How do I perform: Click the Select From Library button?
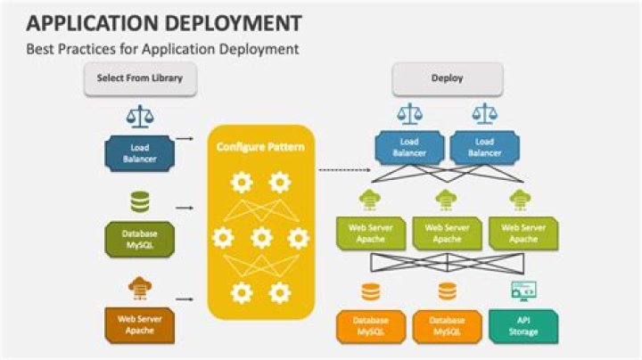(x=140, y=79)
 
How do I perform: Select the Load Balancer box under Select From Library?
(x=140, y=152)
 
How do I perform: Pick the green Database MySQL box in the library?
(x=140, y=239)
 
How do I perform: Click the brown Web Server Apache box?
(x=140, y=324)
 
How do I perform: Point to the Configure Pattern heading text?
(x=260, y=144)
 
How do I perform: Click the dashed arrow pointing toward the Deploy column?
(x=343, y=168)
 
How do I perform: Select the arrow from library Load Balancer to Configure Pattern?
(x=185, y=139)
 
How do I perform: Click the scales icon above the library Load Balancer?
(x=140, y=117)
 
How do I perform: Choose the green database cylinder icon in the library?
(x=140, y=202)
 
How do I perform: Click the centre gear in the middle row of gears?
(x=260, y=238)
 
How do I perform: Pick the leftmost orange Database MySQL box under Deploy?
(x=370, y=326)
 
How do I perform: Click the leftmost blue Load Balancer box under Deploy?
(x=409, y=147)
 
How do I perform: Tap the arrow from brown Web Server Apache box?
(x=185, y=299)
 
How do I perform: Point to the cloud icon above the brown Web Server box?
(x=140, y=287)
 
